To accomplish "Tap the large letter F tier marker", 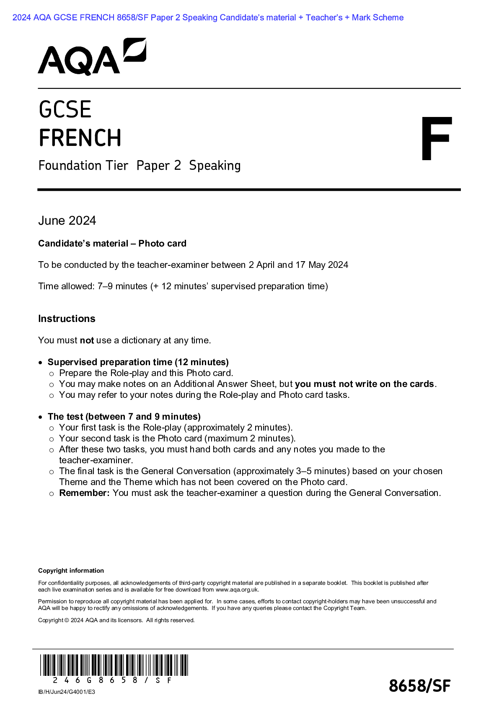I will pos(436,139).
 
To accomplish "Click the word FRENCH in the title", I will pos(80,138).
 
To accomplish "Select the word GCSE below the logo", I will pos(65,109).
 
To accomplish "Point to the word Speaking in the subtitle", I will pos(215,166).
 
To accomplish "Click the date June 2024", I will pos(67,221).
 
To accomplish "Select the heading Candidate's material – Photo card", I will pos(112,244).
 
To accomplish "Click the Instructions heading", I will pos(67,319).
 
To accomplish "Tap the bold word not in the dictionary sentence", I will pos(87,340).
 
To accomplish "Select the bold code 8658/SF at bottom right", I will pos(419,686).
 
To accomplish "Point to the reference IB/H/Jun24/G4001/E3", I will pos(67,692).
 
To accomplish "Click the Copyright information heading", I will pos(71,571).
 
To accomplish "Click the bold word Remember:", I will pos(84,493).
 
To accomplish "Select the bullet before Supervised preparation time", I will pos(40,363).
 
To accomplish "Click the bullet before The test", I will pos(40,417).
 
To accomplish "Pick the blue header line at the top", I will pos(208,18).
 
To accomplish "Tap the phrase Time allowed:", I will pos(66,286).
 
